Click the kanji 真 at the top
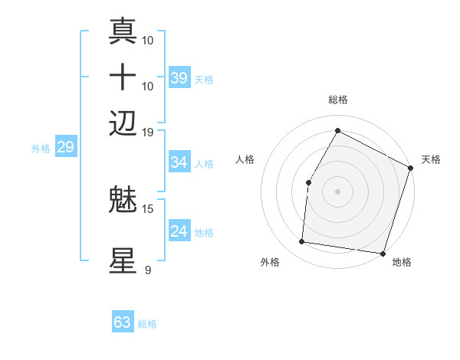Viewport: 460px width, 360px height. [123, 31]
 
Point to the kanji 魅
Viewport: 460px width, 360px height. [123, 201]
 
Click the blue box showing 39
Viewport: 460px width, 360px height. [179, 78]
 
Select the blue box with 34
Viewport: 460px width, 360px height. [179, 162]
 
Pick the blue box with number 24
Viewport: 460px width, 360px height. [179, 231]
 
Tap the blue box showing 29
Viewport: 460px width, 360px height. [65, 148]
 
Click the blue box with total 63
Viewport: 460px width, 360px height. [123, 322]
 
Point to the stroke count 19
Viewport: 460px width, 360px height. [148, 132]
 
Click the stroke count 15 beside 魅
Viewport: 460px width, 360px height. [148, 208]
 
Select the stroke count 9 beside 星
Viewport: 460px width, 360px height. [147, 270]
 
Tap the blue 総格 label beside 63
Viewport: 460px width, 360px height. [147, 324]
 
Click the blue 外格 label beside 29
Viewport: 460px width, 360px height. [41, 149]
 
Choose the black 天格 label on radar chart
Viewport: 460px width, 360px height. [431, 159]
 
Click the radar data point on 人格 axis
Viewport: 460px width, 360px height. [308, 182]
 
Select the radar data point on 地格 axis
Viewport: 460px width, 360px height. [382, 253]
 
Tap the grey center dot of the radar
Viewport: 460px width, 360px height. [337, 191]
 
